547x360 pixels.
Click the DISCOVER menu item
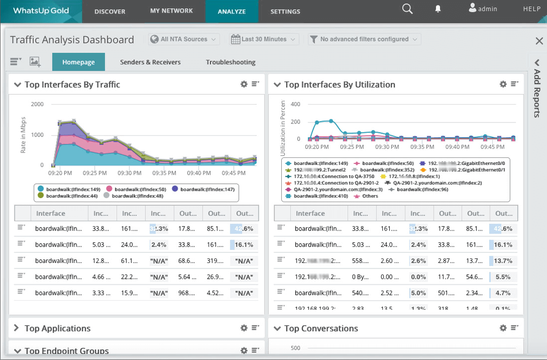(109, 11)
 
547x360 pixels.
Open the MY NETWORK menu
(171, 11)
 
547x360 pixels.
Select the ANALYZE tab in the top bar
(231, 11)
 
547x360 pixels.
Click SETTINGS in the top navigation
(285, 11)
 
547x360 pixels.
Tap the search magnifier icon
(407, 9)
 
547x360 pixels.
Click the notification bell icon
(438, 9)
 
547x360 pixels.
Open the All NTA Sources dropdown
(184, 39)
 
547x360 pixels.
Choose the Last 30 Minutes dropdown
(264, 39)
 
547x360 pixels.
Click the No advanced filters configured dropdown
(364, 39)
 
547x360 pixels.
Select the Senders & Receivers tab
(150, 62)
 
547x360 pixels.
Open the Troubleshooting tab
(230, 62)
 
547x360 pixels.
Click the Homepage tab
(79, 62)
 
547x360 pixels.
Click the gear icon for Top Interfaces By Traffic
(244, 84)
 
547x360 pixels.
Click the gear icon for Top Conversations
(503, 328)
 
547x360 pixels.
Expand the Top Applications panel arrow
(16, 328)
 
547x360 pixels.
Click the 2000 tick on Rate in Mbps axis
(37, 105)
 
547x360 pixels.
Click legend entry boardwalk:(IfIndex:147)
(204, 189)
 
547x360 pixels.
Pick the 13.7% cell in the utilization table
(503, 261)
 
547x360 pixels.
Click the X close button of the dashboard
(539, 41)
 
